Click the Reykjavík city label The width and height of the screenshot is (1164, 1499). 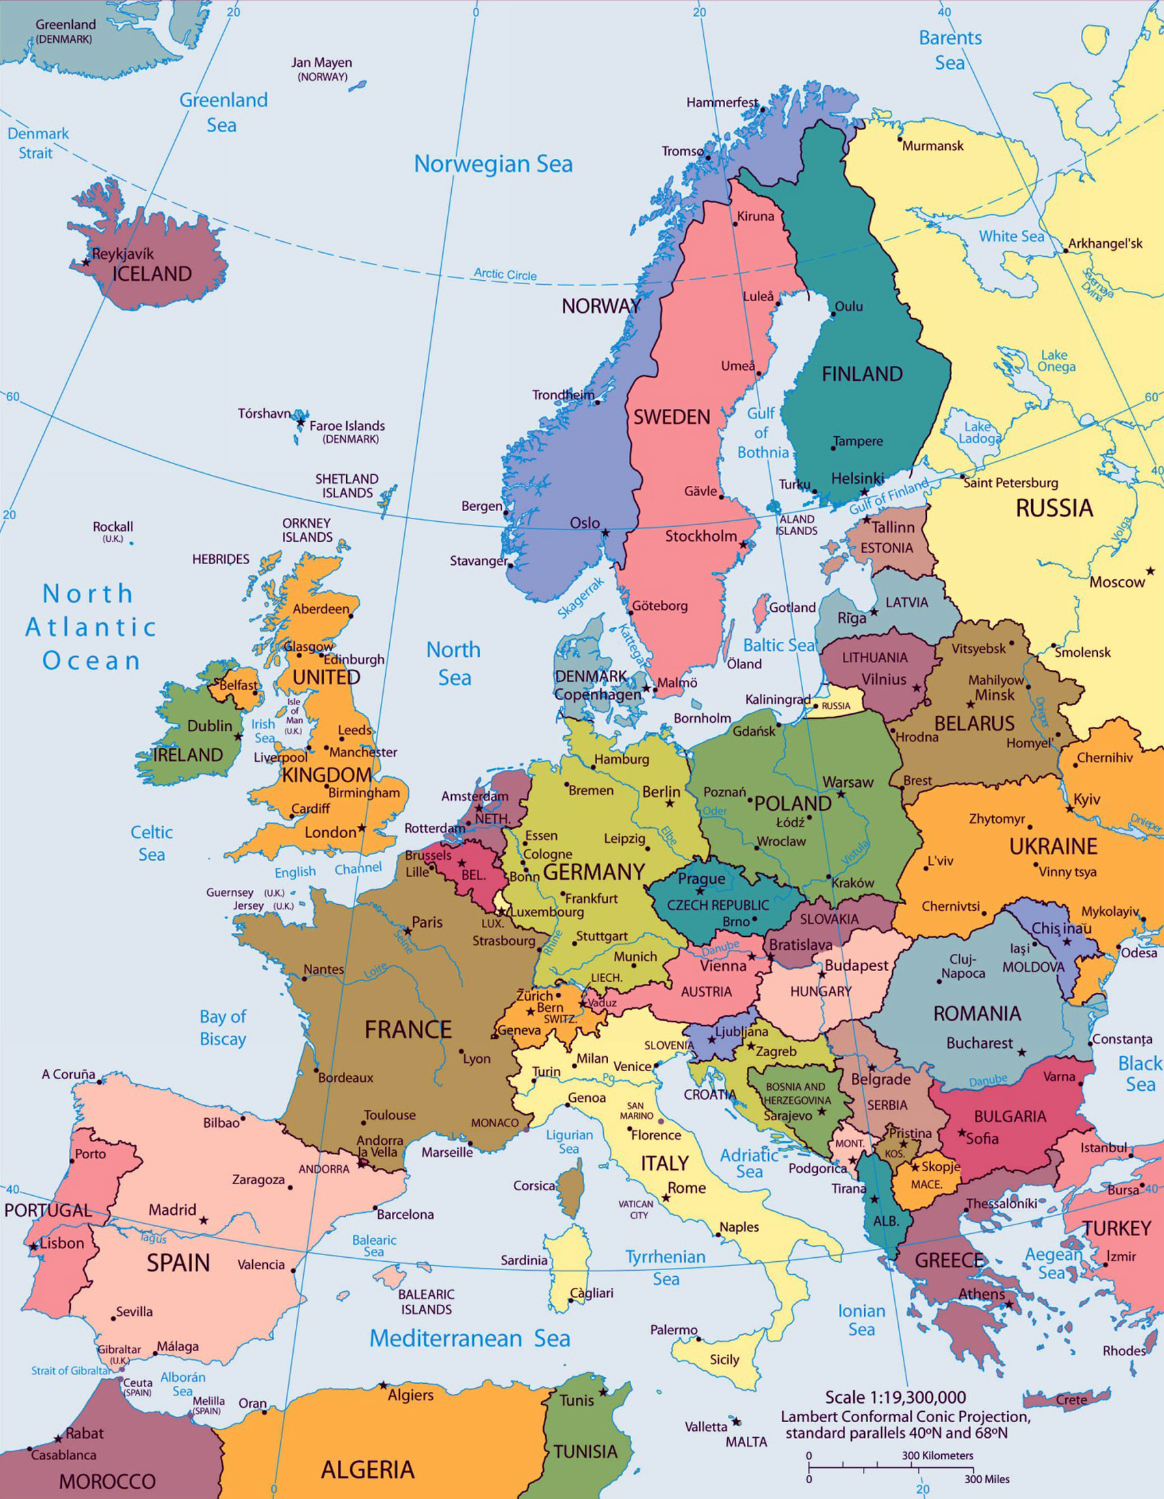pyautogui.click(x=123, y=253)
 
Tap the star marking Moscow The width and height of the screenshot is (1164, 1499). pyautogui.click(x=1150, y=571)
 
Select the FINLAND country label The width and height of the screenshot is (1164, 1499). pyautogui.click(x=862, y=374)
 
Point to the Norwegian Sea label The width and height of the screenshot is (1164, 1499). pyautogui.click(x=493, y=164)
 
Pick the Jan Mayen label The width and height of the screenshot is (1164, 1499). pyautogui.click(x=321, y=63)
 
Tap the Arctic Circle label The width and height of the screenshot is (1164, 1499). pyautogui.click(x=505, y=275)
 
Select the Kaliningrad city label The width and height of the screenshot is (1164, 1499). pyautogui.click(x=778, y=699)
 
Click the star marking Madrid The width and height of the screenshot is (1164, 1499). pyautogui.click(x=204, y=1220)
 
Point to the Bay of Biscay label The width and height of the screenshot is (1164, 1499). pyautogui.click(x=222, y=1027)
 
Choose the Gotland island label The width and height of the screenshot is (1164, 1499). pyautogui.click(x=792, y=607)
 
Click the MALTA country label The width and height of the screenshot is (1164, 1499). pyautogui.click(x=746, y=1441)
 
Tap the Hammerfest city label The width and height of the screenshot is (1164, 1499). pyautogui.click(x=721, y=103)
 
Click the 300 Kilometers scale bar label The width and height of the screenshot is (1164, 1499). pyautogui.click(x=937, y=1455)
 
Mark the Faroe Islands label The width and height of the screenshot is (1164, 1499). pyautogui.click(x=347, y=427)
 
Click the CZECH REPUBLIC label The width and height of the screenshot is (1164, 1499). pyautogui.click(x=718, y=906)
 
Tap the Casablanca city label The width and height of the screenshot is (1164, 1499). pyautogui.click(x=64, y=1455)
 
